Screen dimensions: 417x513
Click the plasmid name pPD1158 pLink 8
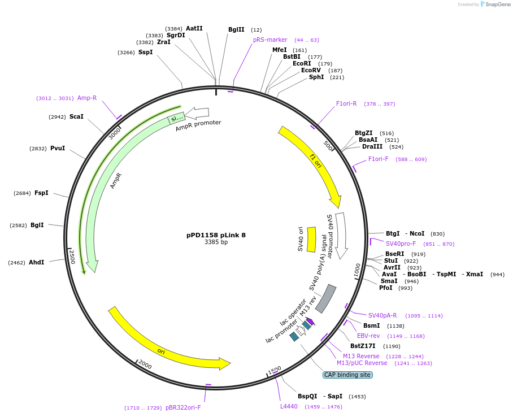tap(216, 235)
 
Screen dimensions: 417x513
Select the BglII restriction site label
tap(236, 29)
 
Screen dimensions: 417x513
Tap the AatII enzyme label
tap(194, 28)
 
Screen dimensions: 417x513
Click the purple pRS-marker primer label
tap(270, 40)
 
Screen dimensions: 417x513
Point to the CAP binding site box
tap(347, 375)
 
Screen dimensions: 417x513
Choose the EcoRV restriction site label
tap(311, 70)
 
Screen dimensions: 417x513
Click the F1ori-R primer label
tap(346, 103)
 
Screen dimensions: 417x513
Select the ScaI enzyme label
tap(76, 116)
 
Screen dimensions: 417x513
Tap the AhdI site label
tap(36, 262)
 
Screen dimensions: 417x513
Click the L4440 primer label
tap(289, 406)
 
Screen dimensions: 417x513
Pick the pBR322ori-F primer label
tap(183, 407)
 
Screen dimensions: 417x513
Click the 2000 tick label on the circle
tap(145, 364)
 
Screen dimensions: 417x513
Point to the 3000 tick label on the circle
tap(115, 133)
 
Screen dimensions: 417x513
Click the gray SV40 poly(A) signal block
tap(325, 298)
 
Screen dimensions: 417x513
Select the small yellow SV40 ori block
tap(311, 240)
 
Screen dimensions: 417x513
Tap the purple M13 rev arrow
tap(310, 322)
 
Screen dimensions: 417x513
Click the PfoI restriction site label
tap(385, 288)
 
